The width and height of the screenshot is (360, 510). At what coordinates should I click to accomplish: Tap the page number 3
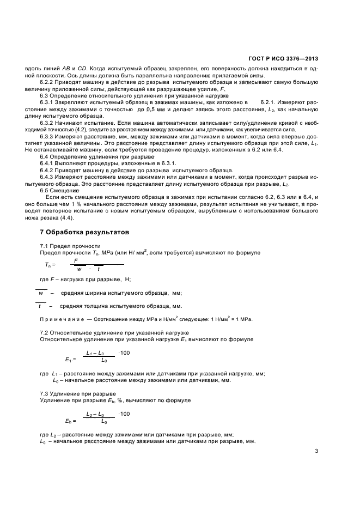[x=318, y=451]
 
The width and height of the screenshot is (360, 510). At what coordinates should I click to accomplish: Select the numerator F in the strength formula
[x=76, y=261]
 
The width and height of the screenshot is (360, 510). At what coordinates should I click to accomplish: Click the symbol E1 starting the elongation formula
[x=69, y=360]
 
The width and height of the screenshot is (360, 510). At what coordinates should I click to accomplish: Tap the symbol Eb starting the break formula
[x=69, y=421]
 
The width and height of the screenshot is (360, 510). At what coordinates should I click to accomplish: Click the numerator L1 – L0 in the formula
[x=97, y=354]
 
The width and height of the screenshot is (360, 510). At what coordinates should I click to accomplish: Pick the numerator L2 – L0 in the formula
[x=97, y=415]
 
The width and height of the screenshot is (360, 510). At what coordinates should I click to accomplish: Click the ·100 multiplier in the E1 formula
[x=124, y=353]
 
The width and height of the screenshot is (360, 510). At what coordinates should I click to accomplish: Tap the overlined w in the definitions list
[x=41, y=293]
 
